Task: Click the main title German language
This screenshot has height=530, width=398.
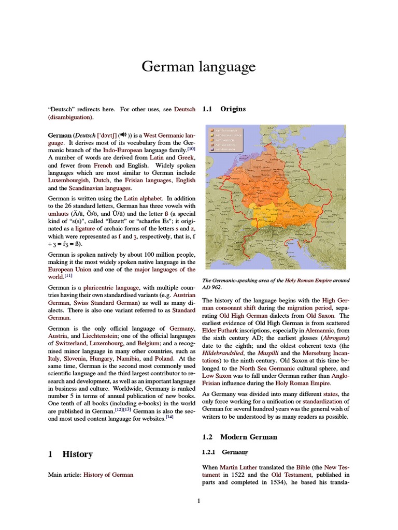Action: (198, 67)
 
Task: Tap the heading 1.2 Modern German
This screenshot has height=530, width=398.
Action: (239, 437)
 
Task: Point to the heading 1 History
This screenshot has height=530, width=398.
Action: (70, 454)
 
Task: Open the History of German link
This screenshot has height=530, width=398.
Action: (108, 475)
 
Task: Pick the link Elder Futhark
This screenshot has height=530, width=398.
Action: (223, 330)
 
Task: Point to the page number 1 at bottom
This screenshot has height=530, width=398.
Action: (198, 500)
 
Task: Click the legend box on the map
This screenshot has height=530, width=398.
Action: (225, 138)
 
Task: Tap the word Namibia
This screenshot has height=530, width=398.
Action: (126, 358)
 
